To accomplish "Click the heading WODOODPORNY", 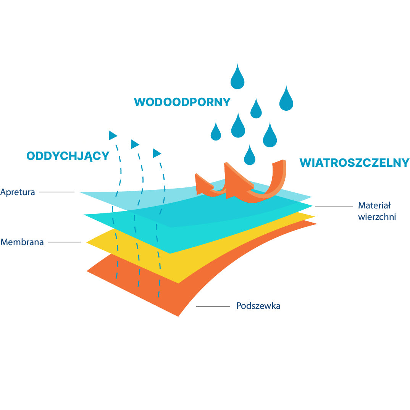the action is pyautogui.click(x=182, y=102).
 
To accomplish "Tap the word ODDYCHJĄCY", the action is pyautogui.click(x=68, y=156).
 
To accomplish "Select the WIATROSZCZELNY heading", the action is pyautogui.click(x=354, y=163).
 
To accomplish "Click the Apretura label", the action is pyautogui.click(x=18, y=192).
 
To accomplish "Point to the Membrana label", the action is pyautogui.click(x=22, y=242).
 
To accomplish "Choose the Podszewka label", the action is pyautogui.click(x=258, y=306).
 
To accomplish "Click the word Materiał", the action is pyautogui.click(x=374, y=205).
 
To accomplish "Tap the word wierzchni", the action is pyautogui.click(x=377, y=217).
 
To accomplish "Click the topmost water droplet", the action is pyautogui.click(x=237, y=76).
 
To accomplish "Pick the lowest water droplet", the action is pyautogui.click(x=249, y=155).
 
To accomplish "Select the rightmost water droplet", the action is pyautogui.click(x=286, y=98).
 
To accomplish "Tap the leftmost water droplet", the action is pyautogui.click(x=216, y=132).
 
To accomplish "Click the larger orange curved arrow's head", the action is pyautogui.click(x=237, y=182).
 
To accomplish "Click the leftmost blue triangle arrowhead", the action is pyautogui.click(x=113, y=136).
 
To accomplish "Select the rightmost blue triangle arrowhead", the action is pyautogui.click(x=157, y=153).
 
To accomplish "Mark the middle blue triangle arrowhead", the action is pyautogui.click(x=135, y=144).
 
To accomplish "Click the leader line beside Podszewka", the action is pyautogui.click(x=213, y=306).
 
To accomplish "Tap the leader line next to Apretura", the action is pyautogui.click(x=57, y=192).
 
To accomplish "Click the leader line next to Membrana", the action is pyautogui.click(x=65, y=242).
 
